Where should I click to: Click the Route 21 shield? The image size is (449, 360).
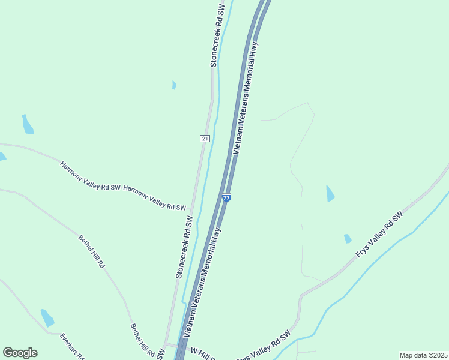pos(205,139)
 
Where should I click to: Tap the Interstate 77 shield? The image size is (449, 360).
pos(226,197)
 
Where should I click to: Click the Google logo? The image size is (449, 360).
pos(20,353)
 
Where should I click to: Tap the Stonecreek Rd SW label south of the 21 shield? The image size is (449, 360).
pos(184,246)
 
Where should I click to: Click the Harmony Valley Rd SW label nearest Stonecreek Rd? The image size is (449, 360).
pos(154,198)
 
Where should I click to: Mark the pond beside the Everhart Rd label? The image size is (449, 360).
pos(47,317)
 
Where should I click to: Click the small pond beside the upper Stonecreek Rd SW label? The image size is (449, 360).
pos(174,85)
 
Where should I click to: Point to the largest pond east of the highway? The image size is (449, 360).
pos(330,193)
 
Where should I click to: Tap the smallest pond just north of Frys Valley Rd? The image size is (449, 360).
pos(348,239)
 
